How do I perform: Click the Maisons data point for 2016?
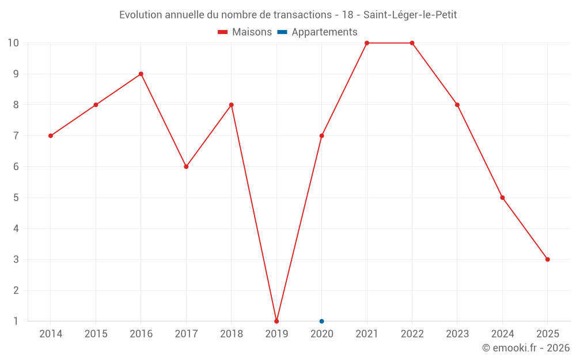(141, 74)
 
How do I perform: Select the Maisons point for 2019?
(276, 321)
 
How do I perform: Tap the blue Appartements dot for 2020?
(321, 321)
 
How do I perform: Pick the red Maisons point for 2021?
(367, 43)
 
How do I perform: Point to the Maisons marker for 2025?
(548, 259)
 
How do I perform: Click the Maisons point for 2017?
(186, 166)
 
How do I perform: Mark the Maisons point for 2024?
(502, 198)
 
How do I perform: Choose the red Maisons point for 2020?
(321, 136)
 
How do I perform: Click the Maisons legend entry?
(245, 32)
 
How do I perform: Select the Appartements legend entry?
(317, 32)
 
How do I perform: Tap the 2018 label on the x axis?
(232, 334)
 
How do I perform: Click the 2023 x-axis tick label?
(457, 334)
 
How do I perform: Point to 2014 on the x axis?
(51, 334)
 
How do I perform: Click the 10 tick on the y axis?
(13, 43)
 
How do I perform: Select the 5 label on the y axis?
(16, 198)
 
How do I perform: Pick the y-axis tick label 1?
(16, 321)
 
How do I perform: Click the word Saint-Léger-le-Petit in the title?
(410, 15)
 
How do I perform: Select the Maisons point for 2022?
(412, 43)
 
